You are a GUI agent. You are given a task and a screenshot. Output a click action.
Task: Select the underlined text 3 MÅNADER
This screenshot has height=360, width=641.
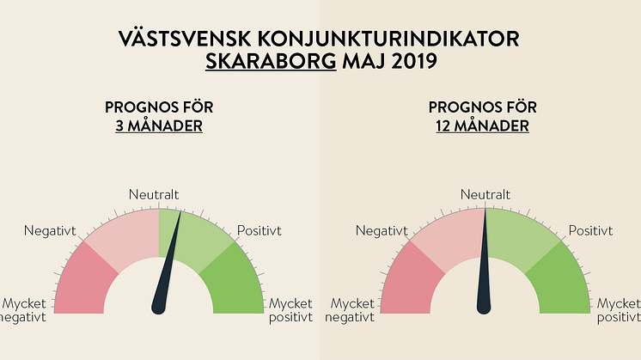click(x=159, y=126)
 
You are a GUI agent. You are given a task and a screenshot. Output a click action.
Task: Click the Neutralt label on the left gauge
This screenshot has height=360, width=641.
click(x=154, y=195)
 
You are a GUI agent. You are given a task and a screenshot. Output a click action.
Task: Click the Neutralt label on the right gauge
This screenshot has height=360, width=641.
click(x=485, y=195)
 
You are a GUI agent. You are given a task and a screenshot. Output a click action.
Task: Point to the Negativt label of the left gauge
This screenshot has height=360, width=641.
click(x=50, y=230)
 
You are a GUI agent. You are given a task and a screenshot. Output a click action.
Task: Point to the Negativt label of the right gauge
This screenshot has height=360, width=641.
click(x=381, y=230)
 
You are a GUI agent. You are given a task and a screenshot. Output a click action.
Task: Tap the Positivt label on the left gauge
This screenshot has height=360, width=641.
click(x=259, y=230)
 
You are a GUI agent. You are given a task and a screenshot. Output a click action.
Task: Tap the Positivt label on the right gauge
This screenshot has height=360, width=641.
click(x=590, y=230)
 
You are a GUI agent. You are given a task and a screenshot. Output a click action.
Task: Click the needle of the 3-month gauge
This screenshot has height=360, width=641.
click(x=167, y=275)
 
